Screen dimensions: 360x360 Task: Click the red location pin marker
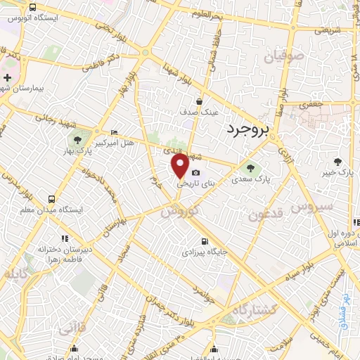pos(181,166)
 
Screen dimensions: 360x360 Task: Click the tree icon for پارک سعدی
pos(250,167)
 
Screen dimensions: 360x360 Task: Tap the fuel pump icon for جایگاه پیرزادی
pos(205,240)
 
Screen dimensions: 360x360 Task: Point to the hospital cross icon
pos(7,77)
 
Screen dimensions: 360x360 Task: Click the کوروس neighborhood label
pos(179,210)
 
